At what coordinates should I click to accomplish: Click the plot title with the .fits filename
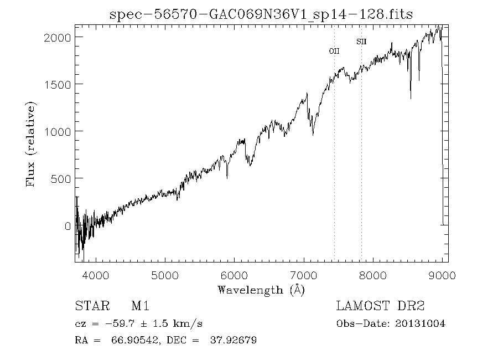261,14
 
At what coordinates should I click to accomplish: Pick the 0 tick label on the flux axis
68,226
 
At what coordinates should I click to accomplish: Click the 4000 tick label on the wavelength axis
96,275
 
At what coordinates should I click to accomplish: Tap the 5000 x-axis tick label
165,275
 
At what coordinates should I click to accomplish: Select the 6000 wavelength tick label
235,275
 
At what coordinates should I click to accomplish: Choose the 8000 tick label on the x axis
373,275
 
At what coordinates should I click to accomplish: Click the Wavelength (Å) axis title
261,290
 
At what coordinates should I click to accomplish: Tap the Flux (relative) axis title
31,144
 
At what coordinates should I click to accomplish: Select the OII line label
334,51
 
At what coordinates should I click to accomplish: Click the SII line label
361,42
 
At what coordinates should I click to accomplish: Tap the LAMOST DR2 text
380,306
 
